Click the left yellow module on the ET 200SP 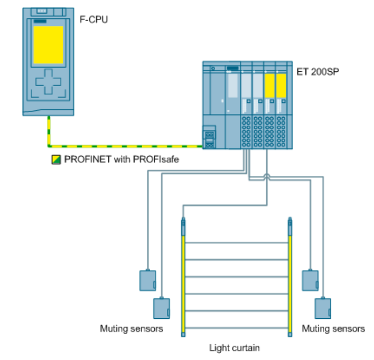pos(269,84)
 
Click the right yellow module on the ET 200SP pos(281,84)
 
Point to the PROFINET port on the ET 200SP pos(210,139)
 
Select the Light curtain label pos(235,347)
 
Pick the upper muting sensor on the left pos(147,280)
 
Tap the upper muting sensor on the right pos(309,280)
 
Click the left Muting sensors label pos(132,329)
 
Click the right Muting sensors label pos(333,329)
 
